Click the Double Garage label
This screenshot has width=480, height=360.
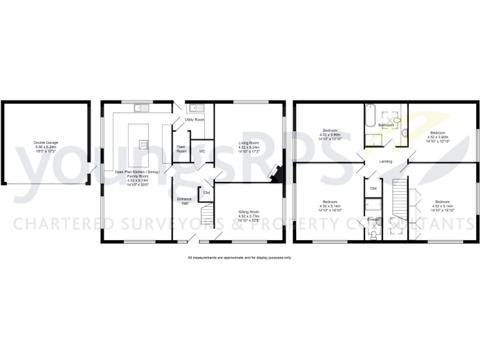(x=46, y=142)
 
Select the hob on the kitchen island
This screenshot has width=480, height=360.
(x=143, y=144)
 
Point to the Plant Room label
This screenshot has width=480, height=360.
(x=182, y=149)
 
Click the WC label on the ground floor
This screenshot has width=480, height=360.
(x=202, y=151)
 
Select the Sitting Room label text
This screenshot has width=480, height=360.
(x=249, y=212)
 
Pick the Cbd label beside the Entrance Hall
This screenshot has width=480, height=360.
(x=206, y=192)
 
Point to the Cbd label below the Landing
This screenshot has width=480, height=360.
(x=373, y=188)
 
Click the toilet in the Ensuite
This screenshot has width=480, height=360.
(x=373, y=234)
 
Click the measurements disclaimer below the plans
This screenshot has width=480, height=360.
(x=239, y=257)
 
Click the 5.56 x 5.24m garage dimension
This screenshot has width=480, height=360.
(x=46, y=147)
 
